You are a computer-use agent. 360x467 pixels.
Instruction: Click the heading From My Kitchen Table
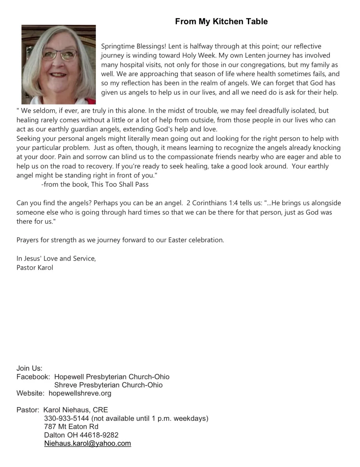coord(221,22)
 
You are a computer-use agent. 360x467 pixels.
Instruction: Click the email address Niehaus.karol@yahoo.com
coord(87,443)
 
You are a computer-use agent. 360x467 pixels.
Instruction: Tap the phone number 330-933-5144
coord(66,418)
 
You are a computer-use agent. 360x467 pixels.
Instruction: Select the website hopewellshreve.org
coord(80,393)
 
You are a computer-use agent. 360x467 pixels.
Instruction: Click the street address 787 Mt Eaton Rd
coord(71,427)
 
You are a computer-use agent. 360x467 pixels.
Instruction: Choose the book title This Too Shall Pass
coord(120,185)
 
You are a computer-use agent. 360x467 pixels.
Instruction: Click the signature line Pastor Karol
coord(35,268)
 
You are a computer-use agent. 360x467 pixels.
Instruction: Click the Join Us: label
coord(29,368)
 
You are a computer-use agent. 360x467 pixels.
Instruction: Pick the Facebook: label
coord(33,377)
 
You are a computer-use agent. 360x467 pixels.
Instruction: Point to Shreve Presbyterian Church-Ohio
coord(108,385)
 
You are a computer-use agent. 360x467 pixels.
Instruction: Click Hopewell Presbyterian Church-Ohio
coord(112,377)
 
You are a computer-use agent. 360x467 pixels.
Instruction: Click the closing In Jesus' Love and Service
coord(56,258)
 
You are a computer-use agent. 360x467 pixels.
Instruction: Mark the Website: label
coord(30,393)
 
